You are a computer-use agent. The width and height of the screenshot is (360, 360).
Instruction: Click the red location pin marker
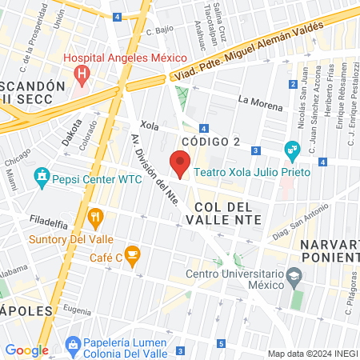(x=180, y=165)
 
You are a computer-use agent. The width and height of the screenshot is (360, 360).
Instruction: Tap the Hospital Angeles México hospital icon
(x=81, y=74)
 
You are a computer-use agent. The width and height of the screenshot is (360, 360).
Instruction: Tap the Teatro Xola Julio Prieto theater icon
(x=291, y=150)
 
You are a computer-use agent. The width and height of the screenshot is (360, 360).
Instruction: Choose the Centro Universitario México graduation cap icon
(x=294, y=276)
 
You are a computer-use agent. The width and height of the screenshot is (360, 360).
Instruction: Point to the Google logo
(x=26, y=350)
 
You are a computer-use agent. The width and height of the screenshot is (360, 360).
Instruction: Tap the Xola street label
(x=150, y=126)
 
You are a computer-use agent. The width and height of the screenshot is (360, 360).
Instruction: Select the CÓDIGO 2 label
(x=210, y=142)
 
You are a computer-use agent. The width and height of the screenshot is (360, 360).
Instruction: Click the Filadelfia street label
(x=46, y=218)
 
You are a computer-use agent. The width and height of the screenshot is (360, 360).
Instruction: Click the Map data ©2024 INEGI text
(x=312, y=354)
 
